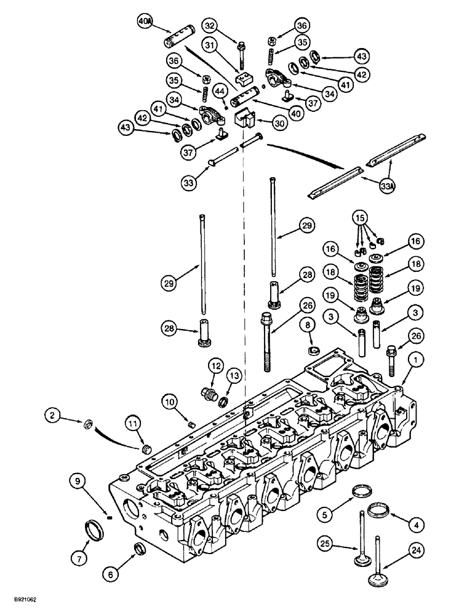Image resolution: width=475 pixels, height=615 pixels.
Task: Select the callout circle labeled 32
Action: click(210, 26)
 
